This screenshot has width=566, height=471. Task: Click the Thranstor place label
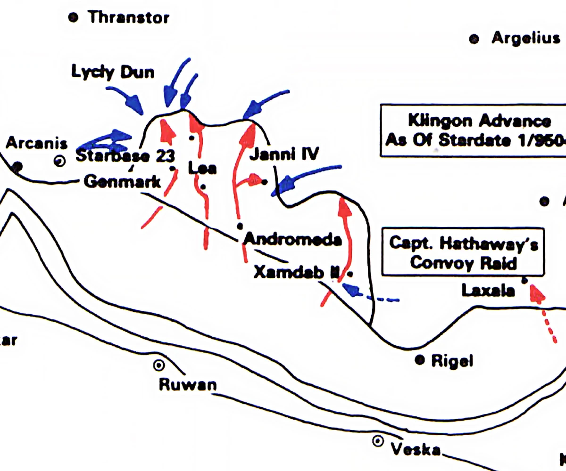[128, 18]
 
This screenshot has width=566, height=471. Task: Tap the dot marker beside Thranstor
[73, 18]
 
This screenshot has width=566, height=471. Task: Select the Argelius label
[525, 38]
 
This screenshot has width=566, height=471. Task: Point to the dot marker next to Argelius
[474, 39]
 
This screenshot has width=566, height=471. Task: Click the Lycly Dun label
[113, 72]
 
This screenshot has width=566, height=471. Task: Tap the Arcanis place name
[36, 143]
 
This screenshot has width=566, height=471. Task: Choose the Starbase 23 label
[125, 156]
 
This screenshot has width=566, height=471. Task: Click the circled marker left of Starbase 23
[59, 161]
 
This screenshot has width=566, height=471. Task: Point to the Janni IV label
[284, 154]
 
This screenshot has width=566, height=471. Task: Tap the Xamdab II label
[296, 272]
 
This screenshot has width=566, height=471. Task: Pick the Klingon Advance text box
[474, 130]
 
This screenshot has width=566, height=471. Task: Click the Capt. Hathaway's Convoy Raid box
[463, 253]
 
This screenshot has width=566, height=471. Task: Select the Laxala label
[488, 290]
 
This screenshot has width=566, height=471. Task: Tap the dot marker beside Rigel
[418, 360]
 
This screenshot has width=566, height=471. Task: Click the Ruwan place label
[187, 384]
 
